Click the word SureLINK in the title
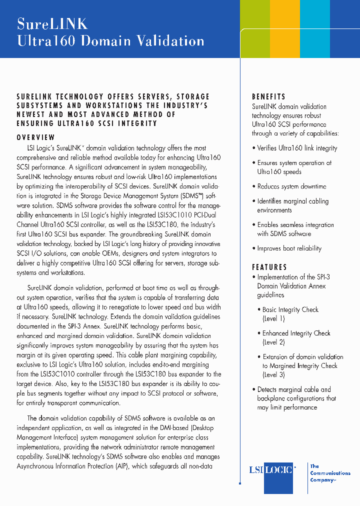click(x=52, y=23)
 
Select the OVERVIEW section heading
click(x=35, y=137)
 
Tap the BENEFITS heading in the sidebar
click(x=268, y=96)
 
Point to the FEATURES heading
click(x=269, y=267)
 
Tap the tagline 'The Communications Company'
click(x=329, y=473)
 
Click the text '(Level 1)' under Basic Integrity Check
click(x=273, y=318)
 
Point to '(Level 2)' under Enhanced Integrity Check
click(x=273, y=342)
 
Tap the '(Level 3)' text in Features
click(x=273, y=374)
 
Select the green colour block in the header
click(x=255, y=29)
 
